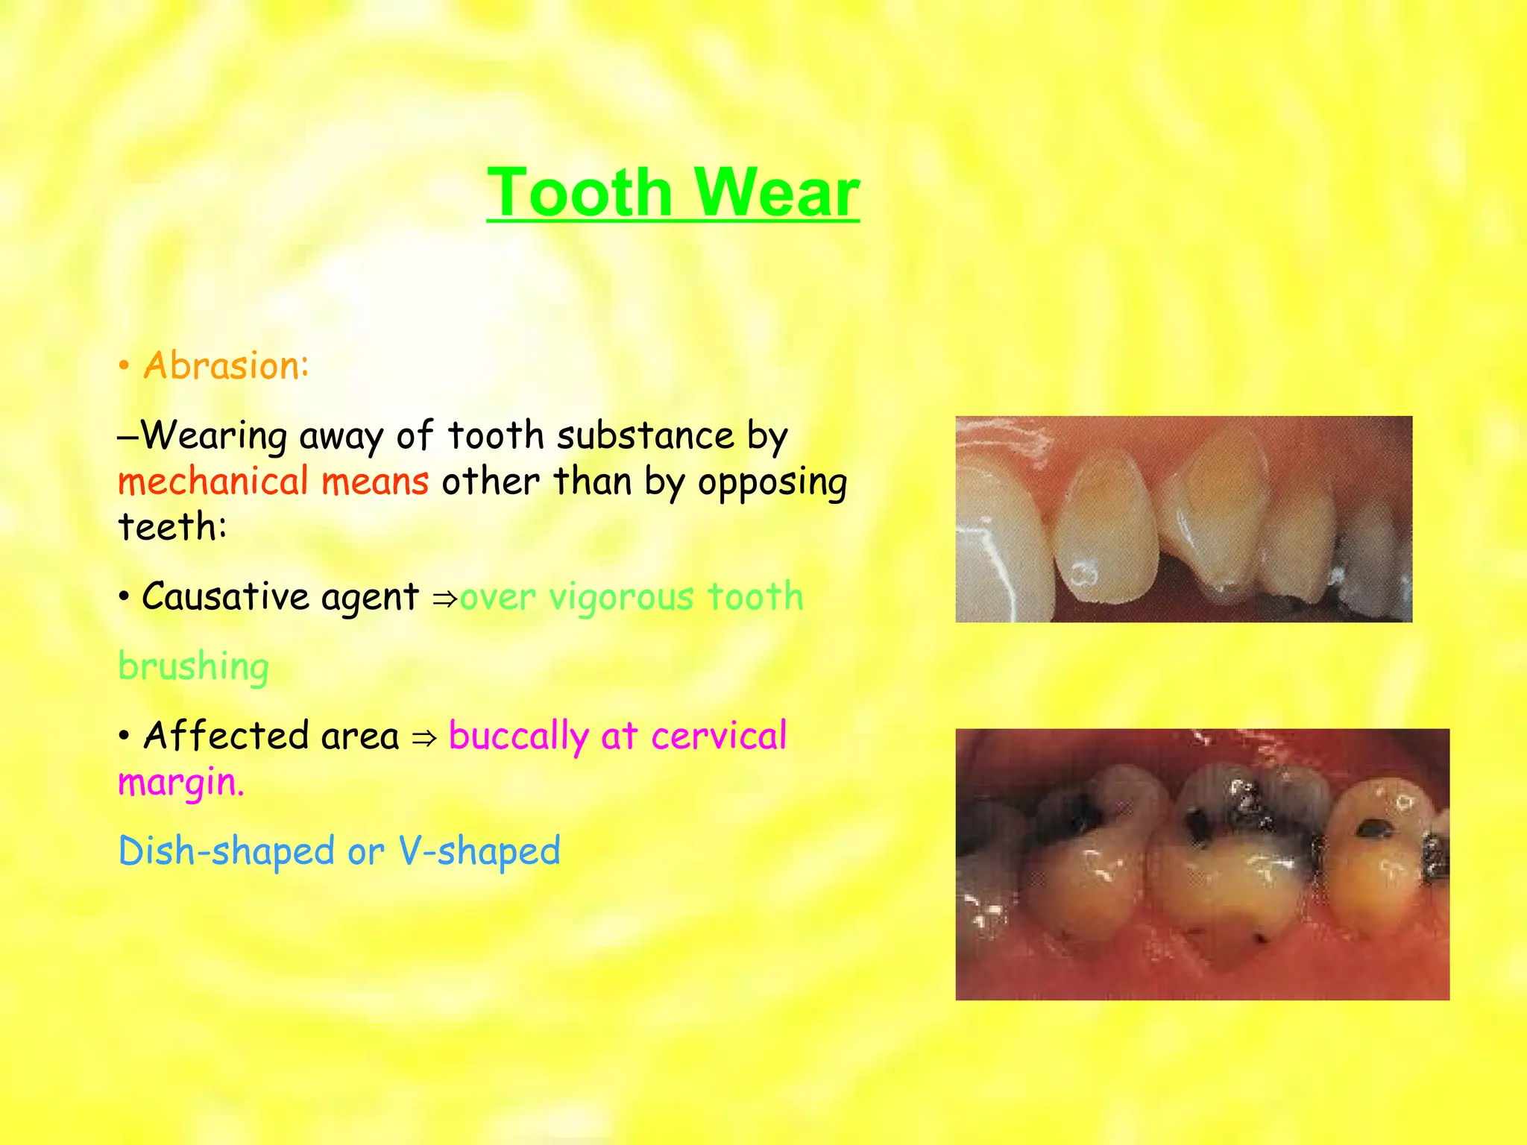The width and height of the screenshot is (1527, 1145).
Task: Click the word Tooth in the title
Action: pyautogui.click(x=579, y=192)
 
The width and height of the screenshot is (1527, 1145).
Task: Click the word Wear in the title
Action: pyautogui.click(x=776, y=192)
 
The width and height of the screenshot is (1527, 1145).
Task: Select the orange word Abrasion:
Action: pyautogui.click(x=225, y=366)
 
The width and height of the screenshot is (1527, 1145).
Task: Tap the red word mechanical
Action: pyautogui.click(x=213, y=481)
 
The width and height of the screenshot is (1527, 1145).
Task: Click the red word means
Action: pyautogui.click(x=375, y=481)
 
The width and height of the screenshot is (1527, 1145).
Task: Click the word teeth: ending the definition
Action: pyautogui.click(x=172, y=527)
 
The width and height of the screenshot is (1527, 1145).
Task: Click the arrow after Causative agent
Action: pyautogui.click(x=444, y=599)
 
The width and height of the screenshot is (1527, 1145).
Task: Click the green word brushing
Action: pyautogui.click(x=193, y=666)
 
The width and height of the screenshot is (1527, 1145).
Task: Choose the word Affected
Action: pyautogui.click(x=225, y=736)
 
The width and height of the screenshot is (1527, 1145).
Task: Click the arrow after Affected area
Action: pyautogui.click(x=424, y=738)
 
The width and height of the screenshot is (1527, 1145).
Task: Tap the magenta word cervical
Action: pyautogui.click(x=718, y=736)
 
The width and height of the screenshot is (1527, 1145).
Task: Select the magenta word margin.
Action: pyautogui.click(x=180, y=783)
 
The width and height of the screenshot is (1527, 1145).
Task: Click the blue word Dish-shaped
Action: pyautogui.click(x=227, y=851)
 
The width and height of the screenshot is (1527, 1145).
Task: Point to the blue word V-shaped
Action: pyautogui.click(x=479, y=851)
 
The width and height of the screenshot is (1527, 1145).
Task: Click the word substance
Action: pyautogui.click(x=645, y=435)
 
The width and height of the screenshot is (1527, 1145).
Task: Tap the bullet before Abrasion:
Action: pyautogui.click(x=125, y=367)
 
